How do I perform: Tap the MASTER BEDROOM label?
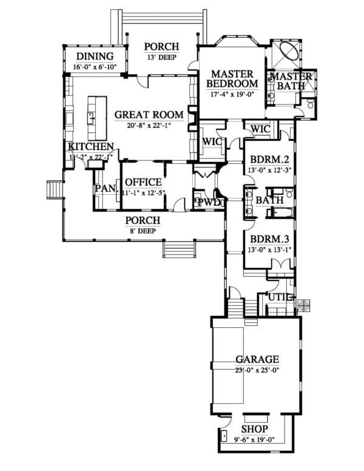pyautogui.click(x=232, y=78)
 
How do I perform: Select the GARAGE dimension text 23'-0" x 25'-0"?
pyautogui.click(x=257, y=370)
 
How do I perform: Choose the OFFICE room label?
pyautogui.click(x=143, y=182)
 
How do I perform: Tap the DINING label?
pyautogui.click(x=94, y=57)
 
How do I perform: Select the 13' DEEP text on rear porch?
pyautogui.click(x=161, y=59)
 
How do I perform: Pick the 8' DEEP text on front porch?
pyautogui.click(x=143, y=231)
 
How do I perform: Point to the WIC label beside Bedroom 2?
pyautogui.click(x=260, y=129)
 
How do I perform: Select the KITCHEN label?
pyautogui.click(x=90, y=147)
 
